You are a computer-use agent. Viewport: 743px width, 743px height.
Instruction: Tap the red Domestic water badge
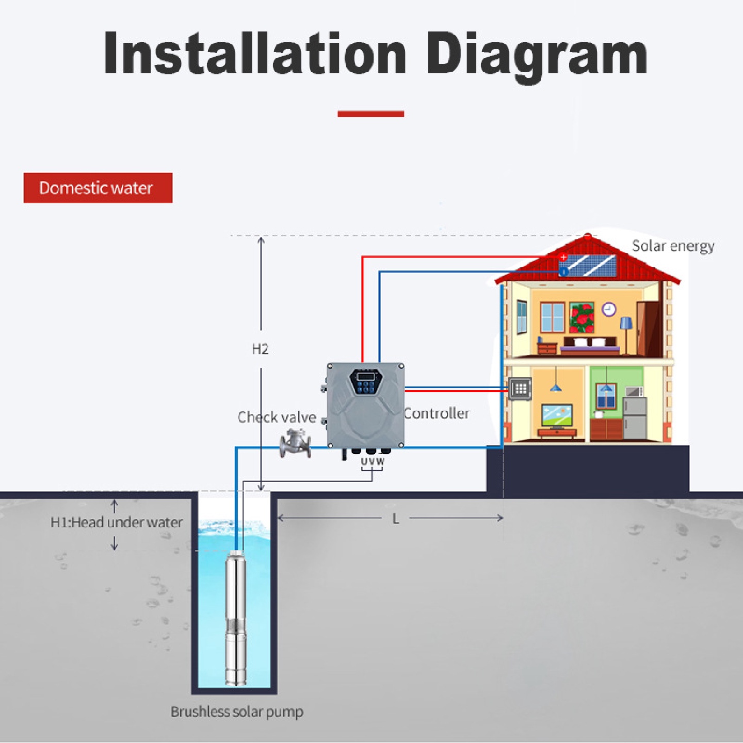[98, 188]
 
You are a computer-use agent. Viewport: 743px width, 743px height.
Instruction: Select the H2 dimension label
[260, 349]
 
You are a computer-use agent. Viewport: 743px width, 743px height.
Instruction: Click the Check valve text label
[277, 417]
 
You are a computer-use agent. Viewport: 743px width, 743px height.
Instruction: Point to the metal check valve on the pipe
[295, 443]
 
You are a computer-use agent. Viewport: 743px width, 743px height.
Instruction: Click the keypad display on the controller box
[366, 381]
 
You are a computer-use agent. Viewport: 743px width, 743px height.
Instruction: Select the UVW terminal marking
[373, 461]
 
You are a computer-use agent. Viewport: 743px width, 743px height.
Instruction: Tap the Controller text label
[437, 413]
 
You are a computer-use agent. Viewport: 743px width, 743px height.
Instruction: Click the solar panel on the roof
[588, 266]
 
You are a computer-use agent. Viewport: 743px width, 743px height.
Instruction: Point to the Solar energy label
[673, 246]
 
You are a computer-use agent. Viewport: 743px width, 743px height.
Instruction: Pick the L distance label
[396, 519]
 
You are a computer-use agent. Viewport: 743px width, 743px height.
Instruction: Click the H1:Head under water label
[117, 523]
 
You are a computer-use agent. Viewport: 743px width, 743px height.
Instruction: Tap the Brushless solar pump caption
[237, 712]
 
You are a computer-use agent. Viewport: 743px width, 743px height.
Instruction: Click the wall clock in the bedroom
[609, 309]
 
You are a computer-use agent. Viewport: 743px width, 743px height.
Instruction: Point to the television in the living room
[557, 416]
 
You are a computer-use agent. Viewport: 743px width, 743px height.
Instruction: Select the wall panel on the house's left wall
[520, 389]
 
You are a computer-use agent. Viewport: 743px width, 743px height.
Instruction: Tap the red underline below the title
[370, 114]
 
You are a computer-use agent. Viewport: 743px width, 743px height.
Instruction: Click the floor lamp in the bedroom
[626, 333]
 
